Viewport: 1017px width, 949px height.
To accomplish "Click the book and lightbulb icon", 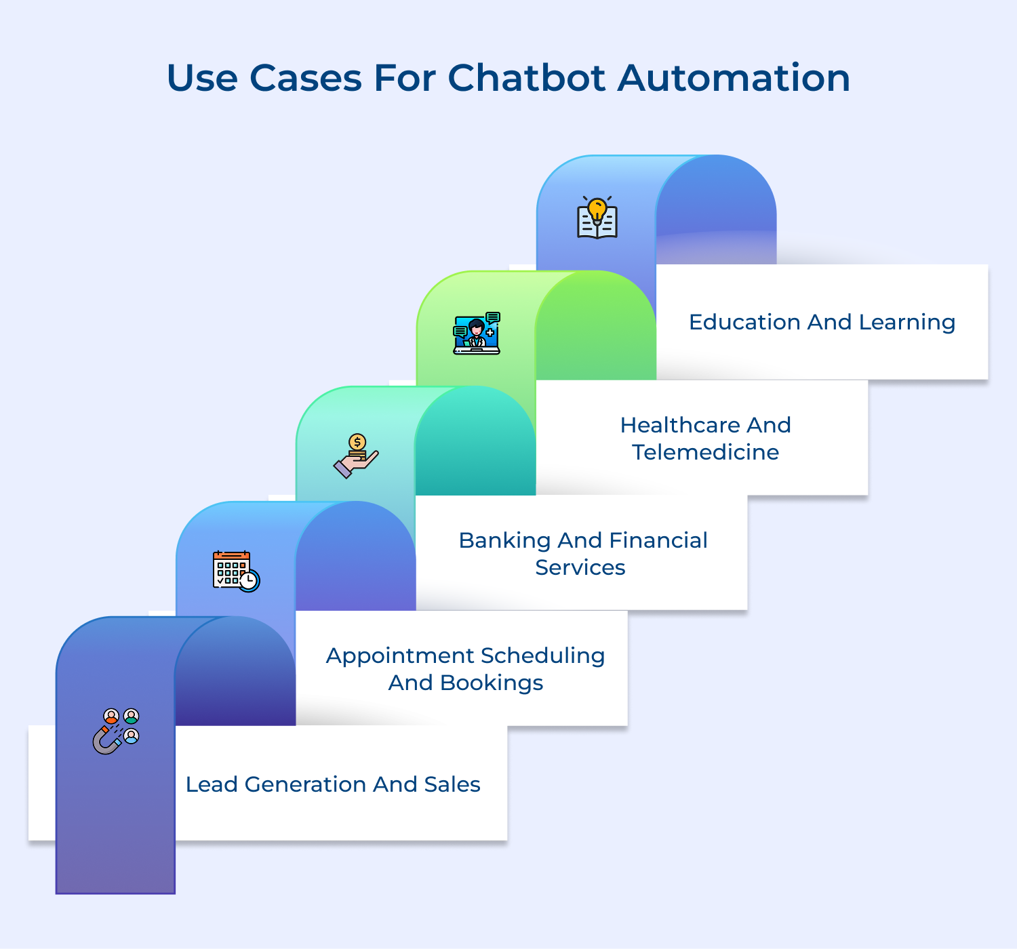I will pos(597,218).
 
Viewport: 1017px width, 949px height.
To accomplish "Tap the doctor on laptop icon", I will pos(477,334).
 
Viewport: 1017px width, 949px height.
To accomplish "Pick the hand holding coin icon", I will pos(356,456).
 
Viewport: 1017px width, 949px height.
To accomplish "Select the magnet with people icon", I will pos(116,731).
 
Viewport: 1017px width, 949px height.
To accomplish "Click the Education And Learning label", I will pos(822,322).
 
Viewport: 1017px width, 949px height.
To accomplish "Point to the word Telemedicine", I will pos(705,452).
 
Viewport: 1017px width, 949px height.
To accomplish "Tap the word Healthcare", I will pos(681,425).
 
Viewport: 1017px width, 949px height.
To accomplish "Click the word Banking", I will pos(504,540).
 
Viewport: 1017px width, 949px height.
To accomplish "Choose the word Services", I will pos(580,567).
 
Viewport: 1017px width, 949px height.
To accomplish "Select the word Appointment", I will pos(399,656).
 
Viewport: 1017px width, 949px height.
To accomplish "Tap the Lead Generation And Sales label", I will pos(333,784).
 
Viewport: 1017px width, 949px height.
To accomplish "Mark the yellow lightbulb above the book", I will pos(597,208).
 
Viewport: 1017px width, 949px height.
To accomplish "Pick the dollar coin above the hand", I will pos(357,443).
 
